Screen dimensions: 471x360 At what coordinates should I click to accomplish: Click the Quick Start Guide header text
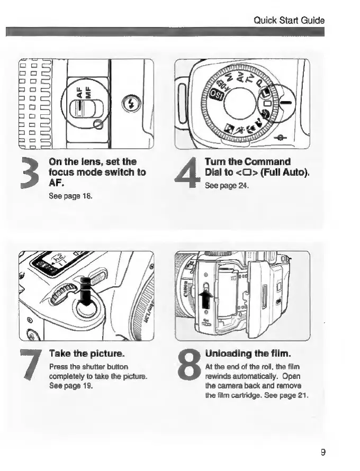coord(289,21)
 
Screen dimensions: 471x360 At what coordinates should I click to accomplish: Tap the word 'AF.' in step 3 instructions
coord(56,183)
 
